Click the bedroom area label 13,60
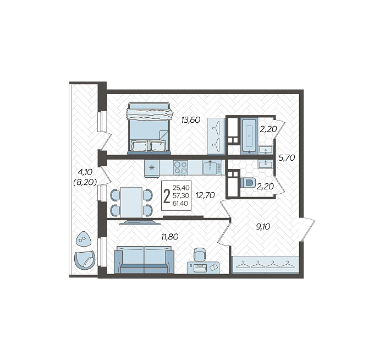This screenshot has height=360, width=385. (x=191, y=120)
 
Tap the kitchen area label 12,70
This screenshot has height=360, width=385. (x=205, y=195)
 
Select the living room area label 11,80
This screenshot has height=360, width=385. (x=169, y=237)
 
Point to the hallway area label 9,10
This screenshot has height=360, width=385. (x=263, y=226)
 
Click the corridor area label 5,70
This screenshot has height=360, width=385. (x=287, y=158)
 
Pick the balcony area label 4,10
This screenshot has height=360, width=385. (x=85, y=172)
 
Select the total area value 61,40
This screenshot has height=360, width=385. (x=180, y=204)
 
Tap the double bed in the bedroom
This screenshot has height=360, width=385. (x=149, y=128)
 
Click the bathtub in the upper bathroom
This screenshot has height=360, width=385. (x=250, y=135)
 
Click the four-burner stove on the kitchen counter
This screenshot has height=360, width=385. (x=180, y=167)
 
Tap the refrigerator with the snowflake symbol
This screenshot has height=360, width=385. (x=152, y=168)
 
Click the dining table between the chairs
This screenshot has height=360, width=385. (x=131, y=203)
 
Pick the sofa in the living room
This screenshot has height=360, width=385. (x=144, y=260)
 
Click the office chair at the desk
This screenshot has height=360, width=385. (x=200, y=254)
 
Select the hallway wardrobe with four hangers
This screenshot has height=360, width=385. (x=265, y=265)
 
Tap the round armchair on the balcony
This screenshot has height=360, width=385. (x=85, y=261)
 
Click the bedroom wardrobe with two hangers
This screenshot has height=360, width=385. (x=216, y=136)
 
